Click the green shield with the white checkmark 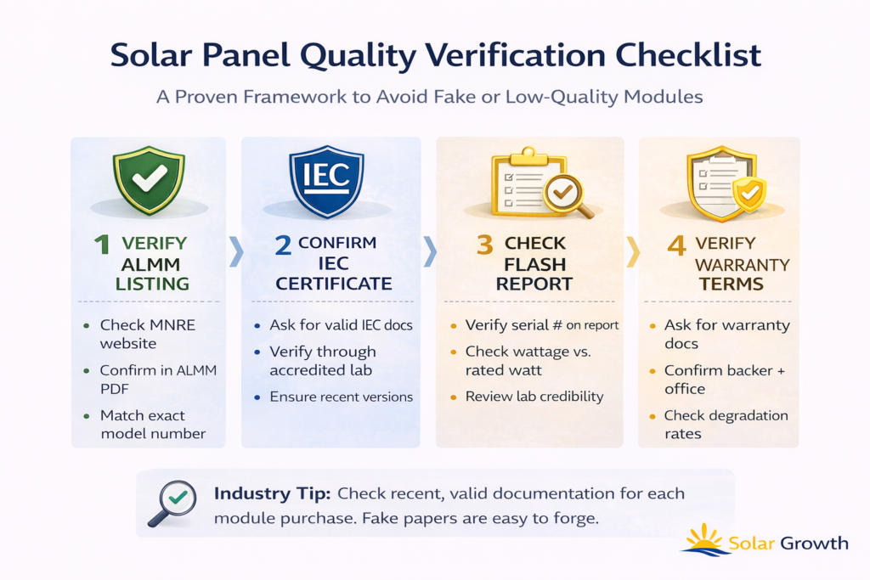click(x=149, y=180)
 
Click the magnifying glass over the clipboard click(x=567, y=195)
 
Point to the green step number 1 click(x=102, y=245)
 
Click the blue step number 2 click(x=283, y=245)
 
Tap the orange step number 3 click(x=485, y=245)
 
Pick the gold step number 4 click(x=677, y=245)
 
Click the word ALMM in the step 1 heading click(x=150, y=264)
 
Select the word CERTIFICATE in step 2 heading click(x=333, y=284)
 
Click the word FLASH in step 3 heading click(x=535, y=264)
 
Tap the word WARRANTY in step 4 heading click(x=743, y=265)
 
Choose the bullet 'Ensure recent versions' click(x=342, y=397)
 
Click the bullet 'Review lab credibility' click(x=534, y=397)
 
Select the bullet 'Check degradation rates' click(x=726, y=425)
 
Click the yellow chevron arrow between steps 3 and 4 click(x=633, y=252)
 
